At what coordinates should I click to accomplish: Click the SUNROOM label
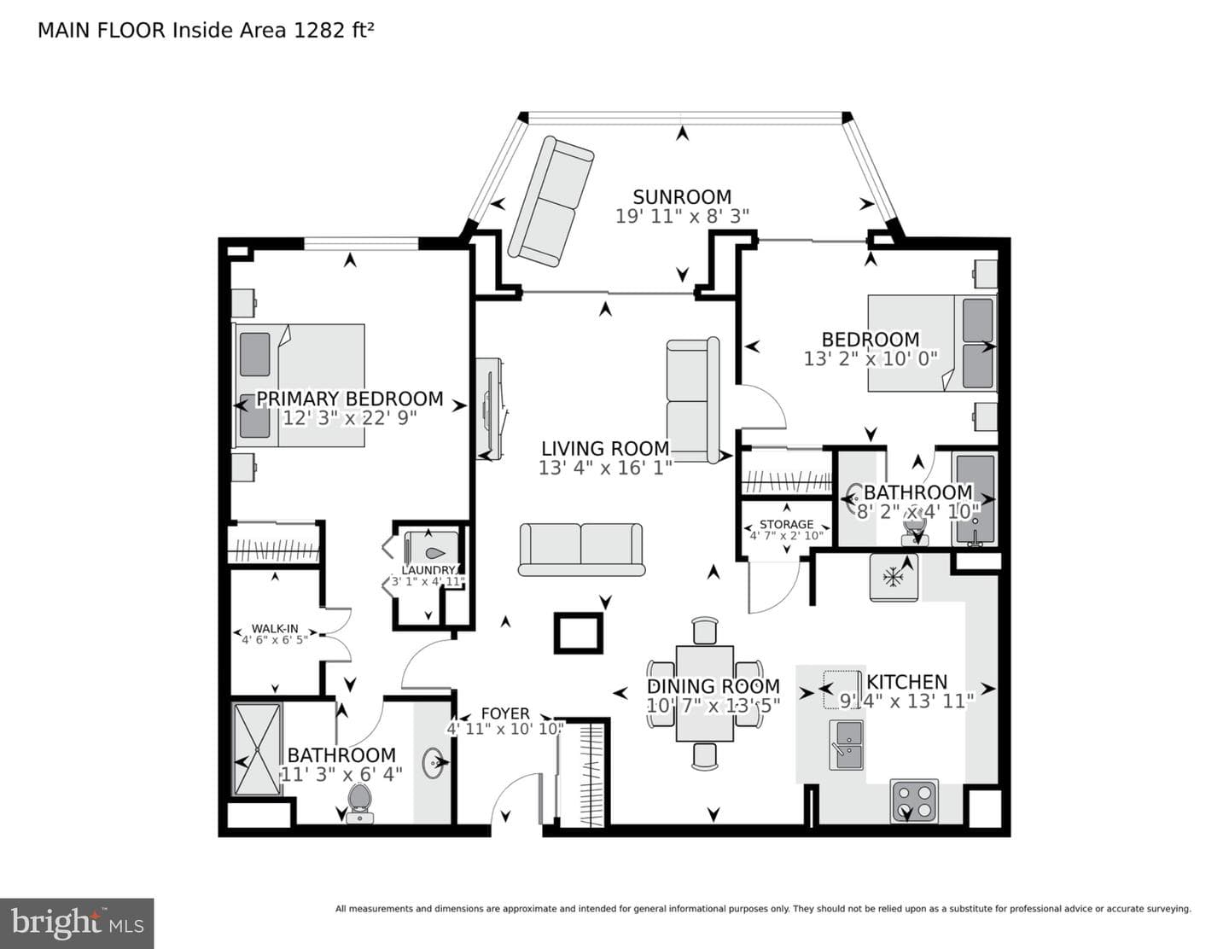682,197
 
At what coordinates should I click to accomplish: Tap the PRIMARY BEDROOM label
350,399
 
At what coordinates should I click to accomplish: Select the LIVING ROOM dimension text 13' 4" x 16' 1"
605,468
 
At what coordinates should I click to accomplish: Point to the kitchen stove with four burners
914,801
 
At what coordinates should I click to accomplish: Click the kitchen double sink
846,745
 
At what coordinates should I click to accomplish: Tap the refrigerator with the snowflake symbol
894,576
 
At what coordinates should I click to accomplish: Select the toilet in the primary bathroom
359,803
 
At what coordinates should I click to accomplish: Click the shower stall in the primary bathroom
258,749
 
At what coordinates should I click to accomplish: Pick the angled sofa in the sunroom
550,201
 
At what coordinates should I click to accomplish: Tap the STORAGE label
786,524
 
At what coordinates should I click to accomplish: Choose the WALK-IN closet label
275,629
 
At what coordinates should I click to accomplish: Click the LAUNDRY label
428,570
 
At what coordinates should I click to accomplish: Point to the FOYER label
505,713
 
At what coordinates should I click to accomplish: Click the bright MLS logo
77,923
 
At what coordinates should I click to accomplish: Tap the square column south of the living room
578,633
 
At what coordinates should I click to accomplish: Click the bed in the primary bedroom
299,385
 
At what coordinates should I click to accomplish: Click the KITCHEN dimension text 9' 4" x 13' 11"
906,702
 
